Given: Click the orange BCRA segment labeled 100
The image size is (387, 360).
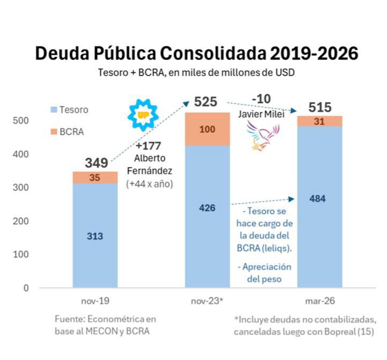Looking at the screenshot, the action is pos(207,129).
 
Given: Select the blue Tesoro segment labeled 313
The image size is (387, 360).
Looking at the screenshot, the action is pos(95,235).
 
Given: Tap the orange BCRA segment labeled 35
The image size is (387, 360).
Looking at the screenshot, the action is pos(95,177).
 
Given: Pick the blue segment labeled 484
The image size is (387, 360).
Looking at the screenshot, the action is pos(320,207).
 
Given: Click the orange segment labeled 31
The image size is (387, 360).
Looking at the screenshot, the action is pos(320,121).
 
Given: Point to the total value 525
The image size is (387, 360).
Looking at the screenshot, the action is pos(206,102).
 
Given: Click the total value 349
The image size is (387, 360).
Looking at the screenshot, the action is pos(97,163).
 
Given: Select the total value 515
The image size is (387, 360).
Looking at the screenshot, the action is pos(320,107).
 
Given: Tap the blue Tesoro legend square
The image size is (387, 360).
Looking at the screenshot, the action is pos(54,110).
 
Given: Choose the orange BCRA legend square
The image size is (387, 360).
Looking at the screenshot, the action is pos(54,132).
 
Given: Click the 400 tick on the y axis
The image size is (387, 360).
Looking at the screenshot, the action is pos(21,154).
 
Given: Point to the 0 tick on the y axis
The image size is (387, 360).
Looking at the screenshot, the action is pos(26,288).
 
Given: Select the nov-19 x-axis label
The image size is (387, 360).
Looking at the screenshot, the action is pos(95,301).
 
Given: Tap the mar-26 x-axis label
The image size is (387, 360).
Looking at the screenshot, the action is pos(320,301).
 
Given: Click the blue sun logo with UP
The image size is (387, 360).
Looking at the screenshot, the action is pos(143,115).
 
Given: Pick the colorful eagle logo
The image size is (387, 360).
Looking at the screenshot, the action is pos(263,135).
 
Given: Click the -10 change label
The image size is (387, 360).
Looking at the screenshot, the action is pos(261,99).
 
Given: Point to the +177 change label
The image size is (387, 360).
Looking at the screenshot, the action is pos(148,146).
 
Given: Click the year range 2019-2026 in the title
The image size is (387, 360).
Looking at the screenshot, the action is pos(314,53).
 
